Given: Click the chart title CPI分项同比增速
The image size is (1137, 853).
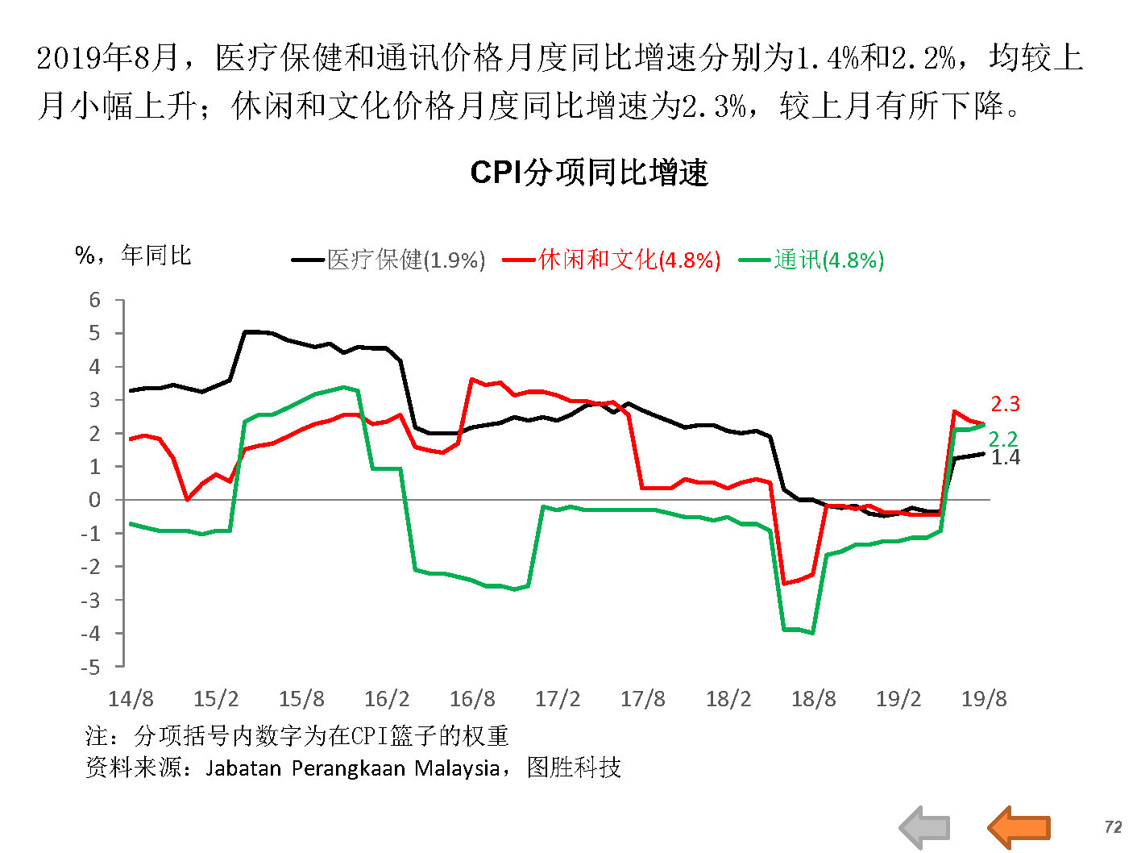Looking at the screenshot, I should pos(588,173).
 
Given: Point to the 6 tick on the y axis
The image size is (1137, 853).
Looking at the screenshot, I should pos(95,300).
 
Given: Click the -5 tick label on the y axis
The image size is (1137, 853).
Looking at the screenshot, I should pos(91,667).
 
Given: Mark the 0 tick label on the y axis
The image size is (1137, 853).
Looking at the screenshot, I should pos(95,500).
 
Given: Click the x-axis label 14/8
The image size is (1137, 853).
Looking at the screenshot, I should pos(131,698).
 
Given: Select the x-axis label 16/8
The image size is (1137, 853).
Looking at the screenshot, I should pos(472,698).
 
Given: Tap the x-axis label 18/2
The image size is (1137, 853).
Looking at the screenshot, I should pos(728,698).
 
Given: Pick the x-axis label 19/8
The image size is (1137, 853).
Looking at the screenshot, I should pos(983,698).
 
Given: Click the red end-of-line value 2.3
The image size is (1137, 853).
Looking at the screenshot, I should pos(1005,404).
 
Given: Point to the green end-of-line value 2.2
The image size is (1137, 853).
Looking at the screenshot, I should pos(1002,439).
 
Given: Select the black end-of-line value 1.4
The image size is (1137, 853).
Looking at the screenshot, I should pos(1005,457).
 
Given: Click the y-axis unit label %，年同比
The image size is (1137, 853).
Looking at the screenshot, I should pos(133,256).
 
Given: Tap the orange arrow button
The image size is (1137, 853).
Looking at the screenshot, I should pos(1019,827).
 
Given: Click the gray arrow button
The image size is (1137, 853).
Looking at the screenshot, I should pos(925,827).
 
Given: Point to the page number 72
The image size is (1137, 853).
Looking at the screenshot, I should pos(1113,827).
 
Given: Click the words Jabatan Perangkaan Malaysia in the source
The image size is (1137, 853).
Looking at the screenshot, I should pos(352,768).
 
